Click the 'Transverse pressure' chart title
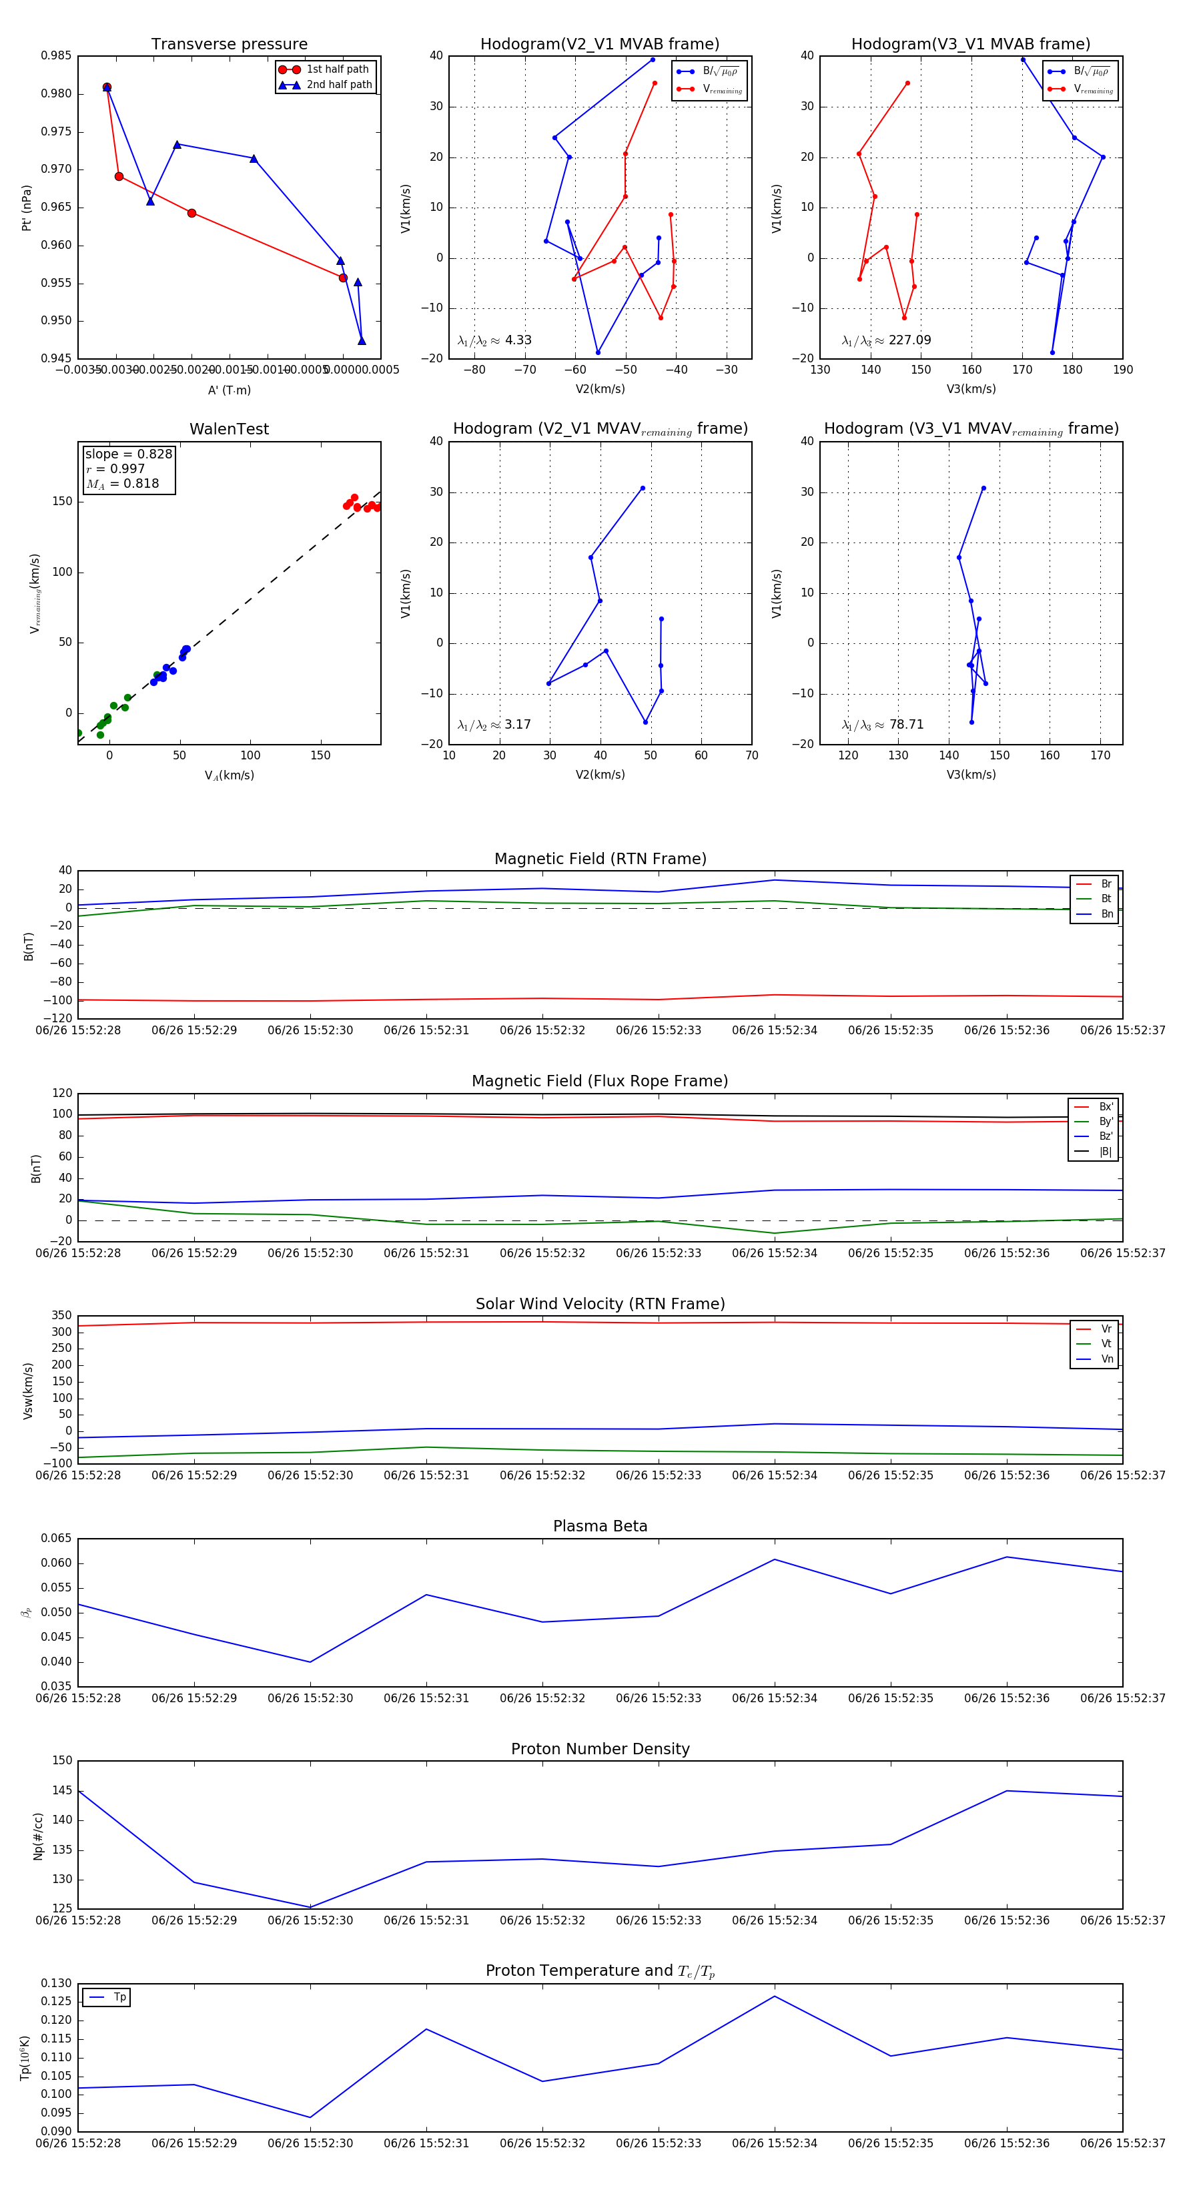(x=229, y=45)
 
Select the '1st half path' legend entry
(x=337, y=69)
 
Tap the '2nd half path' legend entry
(x=338, y=85)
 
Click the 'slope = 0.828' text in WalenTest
(x=128, y=454)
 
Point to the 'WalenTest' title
(x=229, y=429)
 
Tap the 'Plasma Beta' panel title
(x=600, y=1526)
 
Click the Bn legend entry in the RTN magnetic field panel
(x=1106, y=913)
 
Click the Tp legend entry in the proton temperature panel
(x=119, y=1997)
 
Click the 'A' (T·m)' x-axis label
(x=229, y=390)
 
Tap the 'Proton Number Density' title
(x=600, y=1749)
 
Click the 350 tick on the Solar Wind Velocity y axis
(x=61, y=1316)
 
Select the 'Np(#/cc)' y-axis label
(x=37, y=1836)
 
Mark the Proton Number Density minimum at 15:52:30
(x=310, y=1907)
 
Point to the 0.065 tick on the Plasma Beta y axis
(x=57, y=1538)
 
